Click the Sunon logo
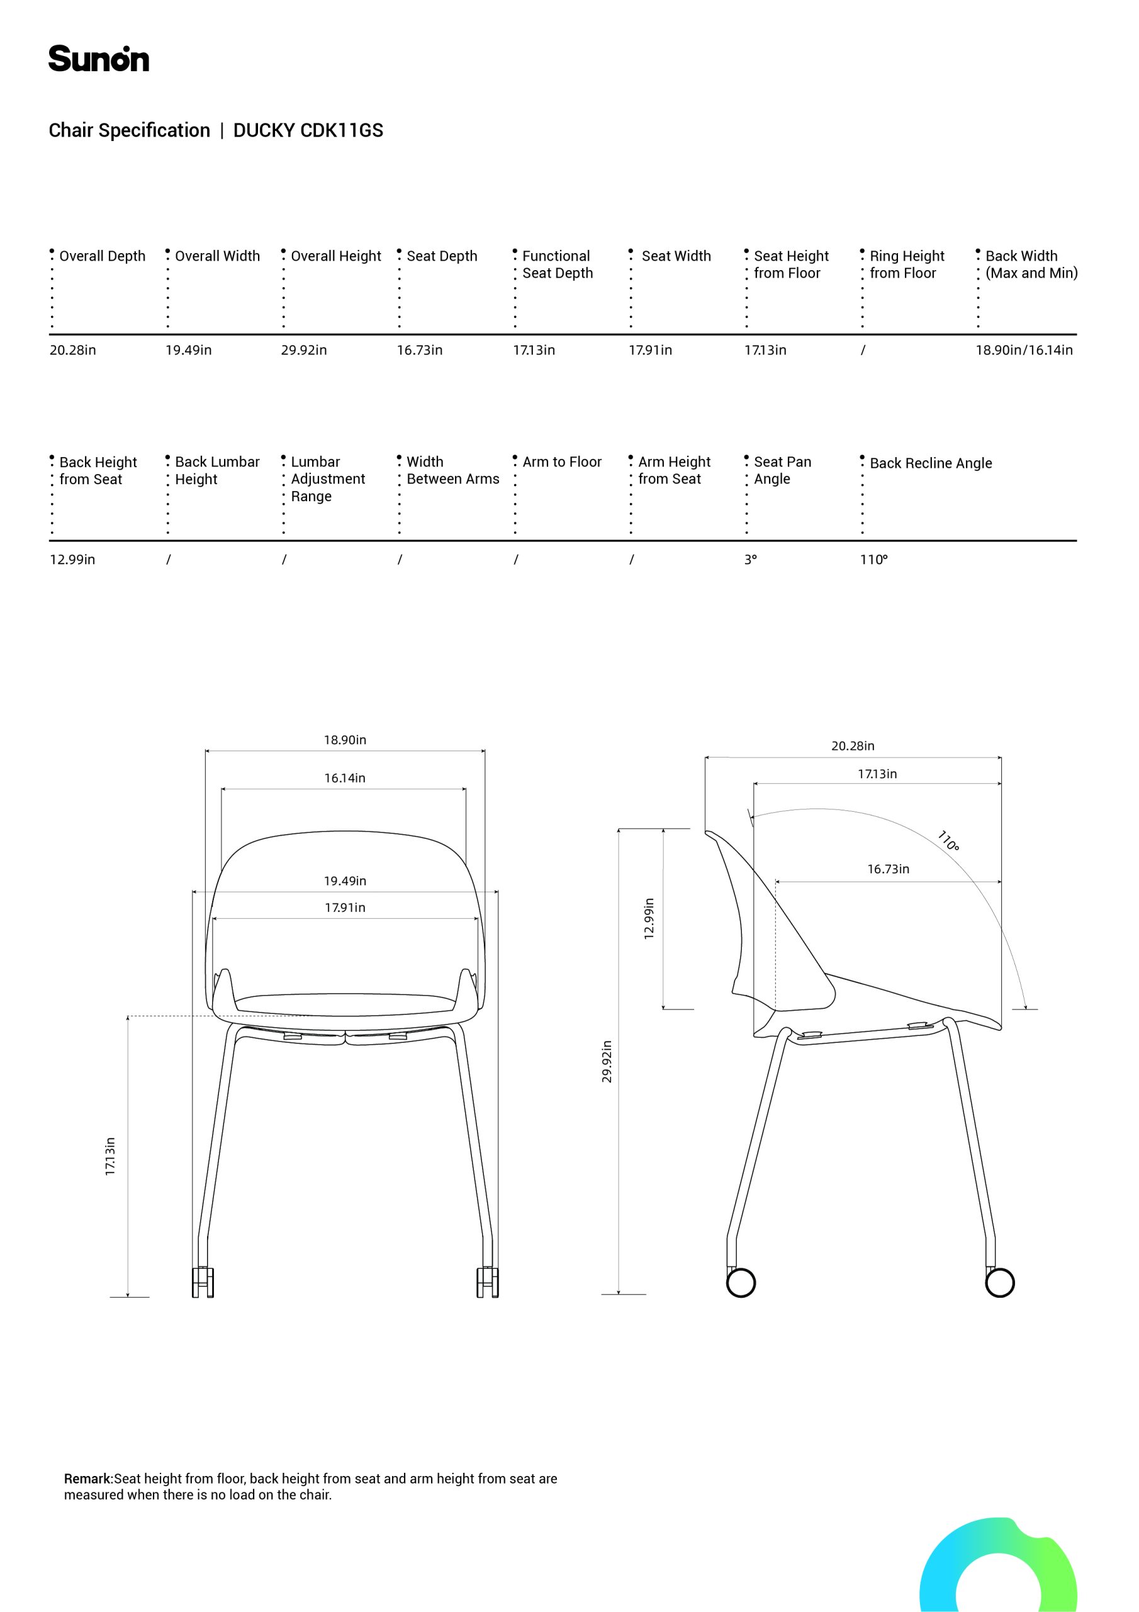(x=98, y=59)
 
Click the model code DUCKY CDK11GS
(x=308, y=130)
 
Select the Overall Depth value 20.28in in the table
(x=72, y=350)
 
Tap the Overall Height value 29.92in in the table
(x=304, y=350)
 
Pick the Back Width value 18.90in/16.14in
(x=1023, y=350)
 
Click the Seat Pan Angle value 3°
(x=750, y=560)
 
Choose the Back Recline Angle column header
(x=931, y=463)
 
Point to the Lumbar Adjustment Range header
(x=327, y=479)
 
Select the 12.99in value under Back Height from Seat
(x=72, y=560)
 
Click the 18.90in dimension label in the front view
(x=345, y=740)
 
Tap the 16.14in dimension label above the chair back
(x=345, y=778)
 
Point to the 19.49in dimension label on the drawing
(x=345, y=881)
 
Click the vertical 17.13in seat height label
(x=110, y=1156)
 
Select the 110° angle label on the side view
(x=948, y=841)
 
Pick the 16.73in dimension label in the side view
(x=888, y=869)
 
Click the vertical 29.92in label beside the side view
(x=607, y=1062)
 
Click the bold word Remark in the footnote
(x=89, y=1479)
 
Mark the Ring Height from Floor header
(x=906, y=264)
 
